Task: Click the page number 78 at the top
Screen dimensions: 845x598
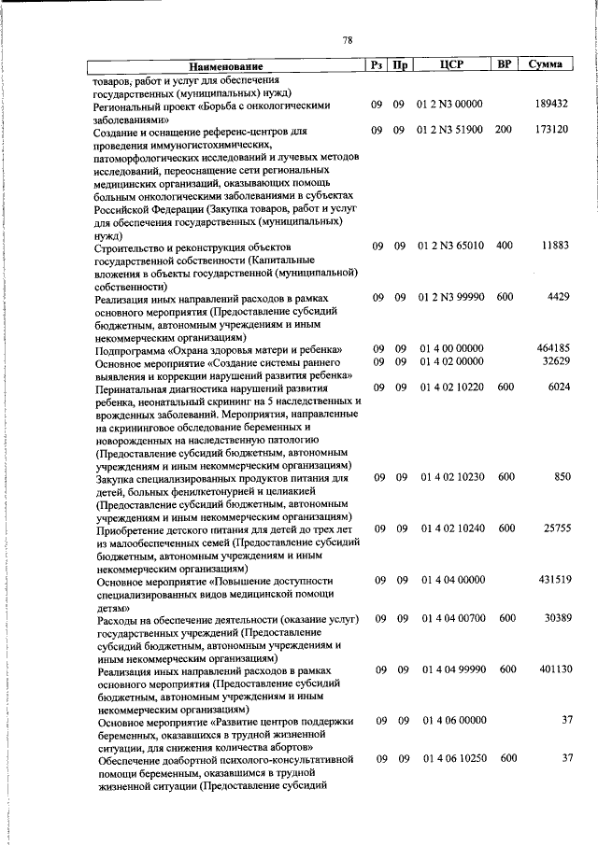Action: tap(347, 40)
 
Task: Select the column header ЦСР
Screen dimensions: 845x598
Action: tap(452, 65)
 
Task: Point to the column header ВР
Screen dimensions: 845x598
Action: tap(504, 65)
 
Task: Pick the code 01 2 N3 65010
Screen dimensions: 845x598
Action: tap(452, 246)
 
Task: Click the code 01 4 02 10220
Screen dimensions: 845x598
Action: tap(452, 387)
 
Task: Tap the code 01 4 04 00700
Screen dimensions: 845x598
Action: tap(452, 618)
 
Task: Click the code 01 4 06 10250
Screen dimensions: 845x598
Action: tap(452, 758)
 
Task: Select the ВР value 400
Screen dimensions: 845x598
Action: tap(504, 246)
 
